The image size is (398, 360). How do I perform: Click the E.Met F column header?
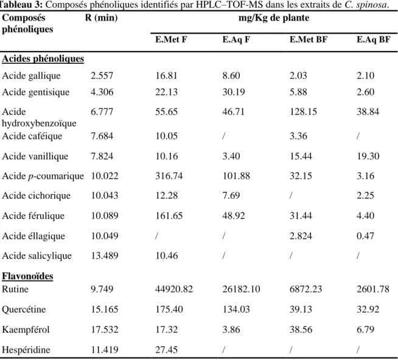171,40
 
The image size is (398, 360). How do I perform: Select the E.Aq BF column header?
374,40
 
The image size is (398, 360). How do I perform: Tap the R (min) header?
101,18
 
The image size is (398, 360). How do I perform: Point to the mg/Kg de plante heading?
274,18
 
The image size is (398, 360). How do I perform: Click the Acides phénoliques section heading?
43,58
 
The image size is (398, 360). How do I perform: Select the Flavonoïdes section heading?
27,276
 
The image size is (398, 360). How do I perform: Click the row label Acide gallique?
31,75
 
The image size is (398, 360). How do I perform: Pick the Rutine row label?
15,289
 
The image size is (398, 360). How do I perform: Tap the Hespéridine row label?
26,350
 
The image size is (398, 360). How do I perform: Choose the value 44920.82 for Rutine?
174,289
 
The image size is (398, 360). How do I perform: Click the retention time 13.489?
105,255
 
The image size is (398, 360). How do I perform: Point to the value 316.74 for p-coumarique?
169,176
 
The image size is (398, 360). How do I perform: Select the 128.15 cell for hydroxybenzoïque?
303,112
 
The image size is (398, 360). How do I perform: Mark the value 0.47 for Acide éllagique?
365,236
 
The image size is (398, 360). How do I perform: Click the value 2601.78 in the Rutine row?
373,289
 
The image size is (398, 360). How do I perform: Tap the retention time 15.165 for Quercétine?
105,310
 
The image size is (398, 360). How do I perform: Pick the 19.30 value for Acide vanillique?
368,156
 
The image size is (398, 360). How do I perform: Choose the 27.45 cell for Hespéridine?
166,350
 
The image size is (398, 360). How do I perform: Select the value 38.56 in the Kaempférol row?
301,330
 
